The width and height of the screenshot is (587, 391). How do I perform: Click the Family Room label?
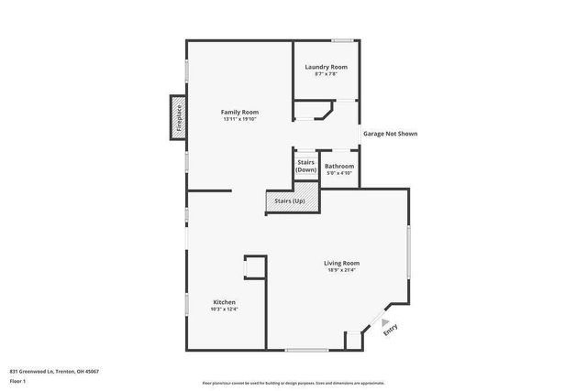[x=239, y=112]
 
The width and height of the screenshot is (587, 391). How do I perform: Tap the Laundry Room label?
[x=326, y=67]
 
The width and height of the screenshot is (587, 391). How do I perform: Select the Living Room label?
[x=341, y=263]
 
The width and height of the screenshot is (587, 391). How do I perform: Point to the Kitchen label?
[x=225, y=302]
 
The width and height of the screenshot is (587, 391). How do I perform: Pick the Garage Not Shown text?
[x=390, y=134]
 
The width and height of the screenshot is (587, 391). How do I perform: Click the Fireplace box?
[x=178, y=118]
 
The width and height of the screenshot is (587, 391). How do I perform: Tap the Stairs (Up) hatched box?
[x=291, y=200]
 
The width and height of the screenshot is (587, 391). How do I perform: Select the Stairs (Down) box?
[x=305, y=166]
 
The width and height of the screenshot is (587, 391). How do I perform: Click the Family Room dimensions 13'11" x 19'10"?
[x=239, y=119]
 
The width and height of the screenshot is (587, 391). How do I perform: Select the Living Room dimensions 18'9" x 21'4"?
[x=341, y=270]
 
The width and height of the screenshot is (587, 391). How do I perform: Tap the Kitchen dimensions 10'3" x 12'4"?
[x=225, y=310]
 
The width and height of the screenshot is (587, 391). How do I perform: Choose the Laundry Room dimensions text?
[x=326, y=74]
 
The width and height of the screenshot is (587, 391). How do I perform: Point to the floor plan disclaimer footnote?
[x=293, y=382]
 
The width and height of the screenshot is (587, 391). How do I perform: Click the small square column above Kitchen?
[x=254, y=266]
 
